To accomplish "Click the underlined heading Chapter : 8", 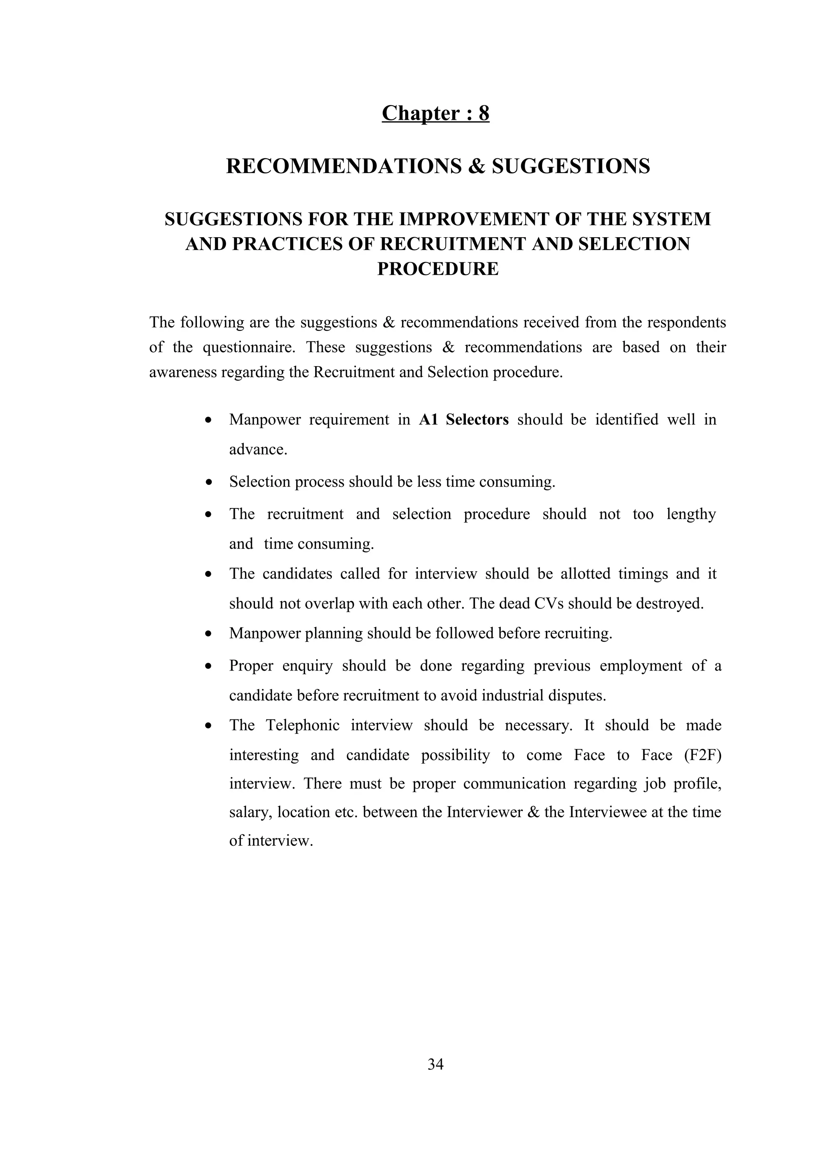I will [435, 113].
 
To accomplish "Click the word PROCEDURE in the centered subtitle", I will [438, 268].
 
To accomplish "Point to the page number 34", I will [435, 1064].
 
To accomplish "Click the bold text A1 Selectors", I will [463, 420].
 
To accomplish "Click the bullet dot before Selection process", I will [208, 482].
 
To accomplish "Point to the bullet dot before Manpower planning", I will [208, 634].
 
